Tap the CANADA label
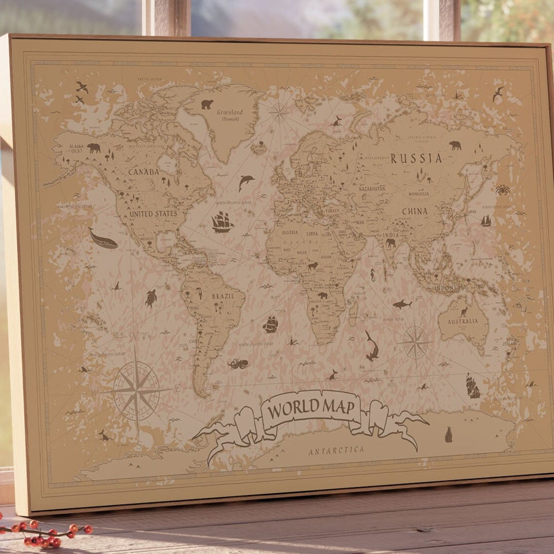click(144, 172)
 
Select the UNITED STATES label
click(153, 214)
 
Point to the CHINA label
click(415, 211)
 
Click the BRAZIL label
click(223, 296)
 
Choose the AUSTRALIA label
click(462, 321)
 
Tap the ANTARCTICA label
click(336, 450)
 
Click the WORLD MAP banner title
click(311, 408)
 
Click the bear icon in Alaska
click(94, 148)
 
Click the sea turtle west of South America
click(151, 298)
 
